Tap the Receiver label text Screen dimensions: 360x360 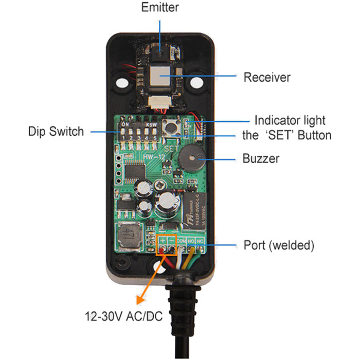[x=267, y=78]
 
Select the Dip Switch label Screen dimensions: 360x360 [x=56, y=132]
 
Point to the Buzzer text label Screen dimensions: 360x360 [x=261, y=158]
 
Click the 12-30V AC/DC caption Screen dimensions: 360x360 [x=124, y=315]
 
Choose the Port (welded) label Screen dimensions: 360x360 [x=278, y=245]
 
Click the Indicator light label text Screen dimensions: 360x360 [x=290, y=121]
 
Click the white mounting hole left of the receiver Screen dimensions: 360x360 [x=122, y=82]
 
